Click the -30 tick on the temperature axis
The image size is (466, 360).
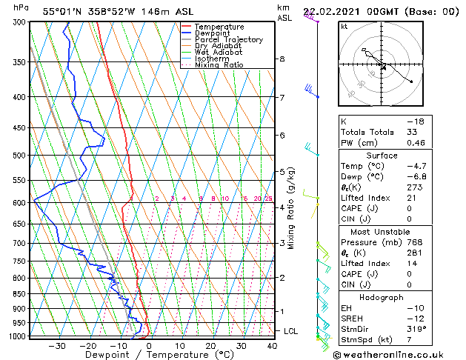[56, 345]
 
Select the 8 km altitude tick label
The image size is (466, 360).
[282, 59]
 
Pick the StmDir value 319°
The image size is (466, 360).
[414, 328]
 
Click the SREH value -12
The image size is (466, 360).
[413, 318]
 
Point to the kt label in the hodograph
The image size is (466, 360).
[344, 26]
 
